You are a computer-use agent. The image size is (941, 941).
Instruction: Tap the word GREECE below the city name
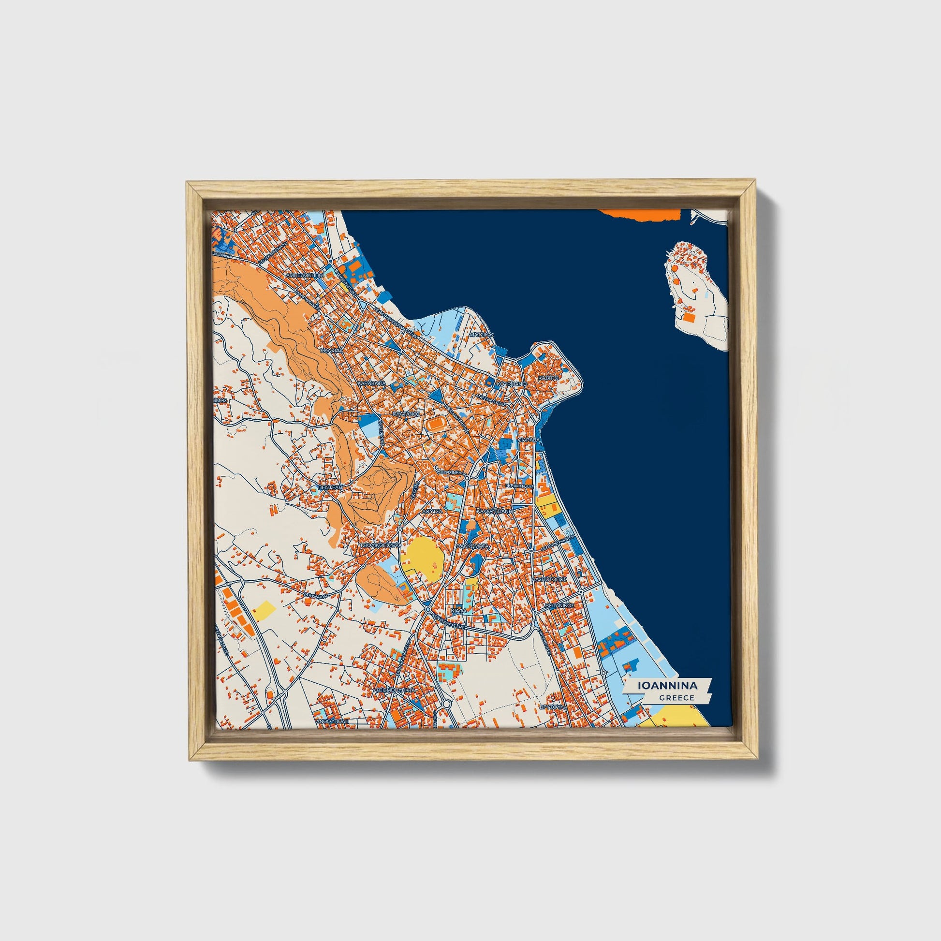tap(676, 697)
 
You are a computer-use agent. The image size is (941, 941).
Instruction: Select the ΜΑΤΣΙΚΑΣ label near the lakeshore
tap(482, 335)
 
